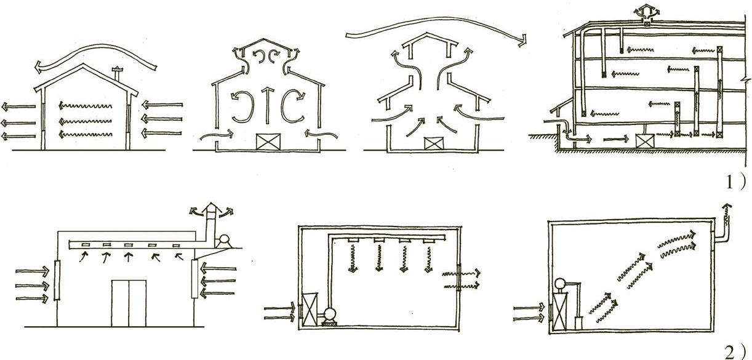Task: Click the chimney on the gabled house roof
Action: [x=118, y=74]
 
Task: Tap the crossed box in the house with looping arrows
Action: [x=268, y=142]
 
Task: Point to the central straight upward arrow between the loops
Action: [x=268, y=104]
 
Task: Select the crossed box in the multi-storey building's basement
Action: [x=645, y=142]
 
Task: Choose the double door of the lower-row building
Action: [x=129, y=303]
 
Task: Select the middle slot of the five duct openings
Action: [x=128, y=245]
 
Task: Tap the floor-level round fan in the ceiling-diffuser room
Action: [x=329, y=314]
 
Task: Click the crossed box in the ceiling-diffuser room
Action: [x=310, y=310]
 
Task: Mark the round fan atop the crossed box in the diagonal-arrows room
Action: [x=559, y=284]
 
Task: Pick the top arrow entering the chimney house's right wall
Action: [x=162, y=105]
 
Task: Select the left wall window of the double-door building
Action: [x=57, y=280]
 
